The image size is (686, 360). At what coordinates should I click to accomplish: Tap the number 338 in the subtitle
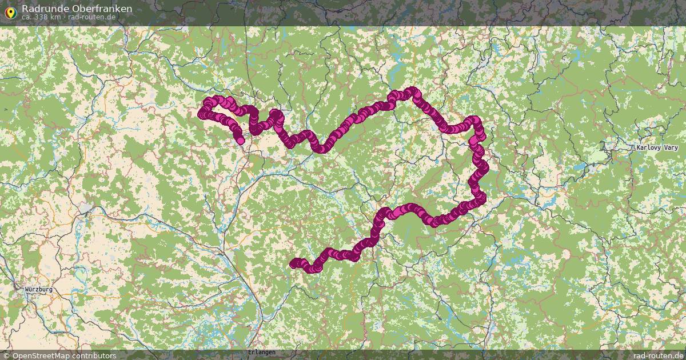41,17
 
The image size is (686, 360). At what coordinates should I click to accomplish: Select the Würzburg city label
39,290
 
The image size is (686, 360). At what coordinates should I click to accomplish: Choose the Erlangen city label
262,352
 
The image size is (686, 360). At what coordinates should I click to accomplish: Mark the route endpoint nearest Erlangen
293,263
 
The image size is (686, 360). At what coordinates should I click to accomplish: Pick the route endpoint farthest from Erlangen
240,140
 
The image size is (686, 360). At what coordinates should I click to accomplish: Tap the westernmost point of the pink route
201,114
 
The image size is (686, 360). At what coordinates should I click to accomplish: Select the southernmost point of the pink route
312,269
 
